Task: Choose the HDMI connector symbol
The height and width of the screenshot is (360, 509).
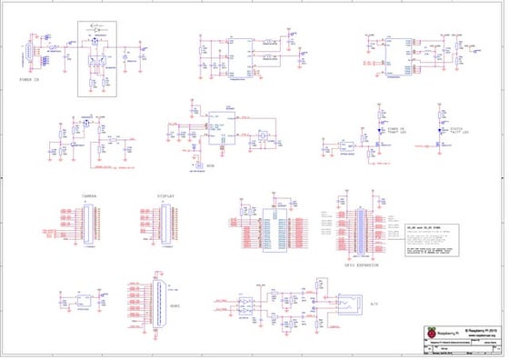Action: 158,305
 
